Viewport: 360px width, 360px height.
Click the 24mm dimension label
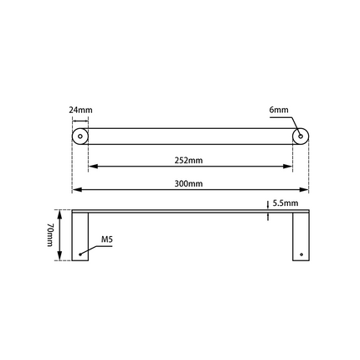80,109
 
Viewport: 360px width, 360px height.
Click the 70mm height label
51,234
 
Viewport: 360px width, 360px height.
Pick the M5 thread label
106,240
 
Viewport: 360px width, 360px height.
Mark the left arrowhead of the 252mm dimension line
92,167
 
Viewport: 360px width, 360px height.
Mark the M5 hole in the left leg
80,253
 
